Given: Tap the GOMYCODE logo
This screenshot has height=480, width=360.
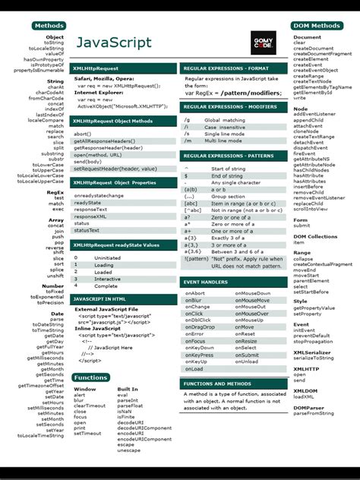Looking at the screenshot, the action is pos(265,42).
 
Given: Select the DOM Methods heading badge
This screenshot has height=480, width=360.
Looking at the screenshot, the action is pos(316,26).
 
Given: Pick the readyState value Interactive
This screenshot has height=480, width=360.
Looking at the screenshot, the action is pos(107,279).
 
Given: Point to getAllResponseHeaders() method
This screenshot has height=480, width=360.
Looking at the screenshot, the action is pos(104,141).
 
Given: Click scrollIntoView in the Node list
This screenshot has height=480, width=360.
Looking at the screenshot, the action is pos(311,209).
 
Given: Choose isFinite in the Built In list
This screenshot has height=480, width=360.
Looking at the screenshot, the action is pos(127,417).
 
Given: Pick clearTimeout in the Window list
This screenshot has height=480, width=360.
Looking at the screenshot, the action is pos(90,406).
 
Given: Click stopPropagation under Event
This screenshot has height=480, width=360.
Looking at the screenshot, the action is pos(314,341).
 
